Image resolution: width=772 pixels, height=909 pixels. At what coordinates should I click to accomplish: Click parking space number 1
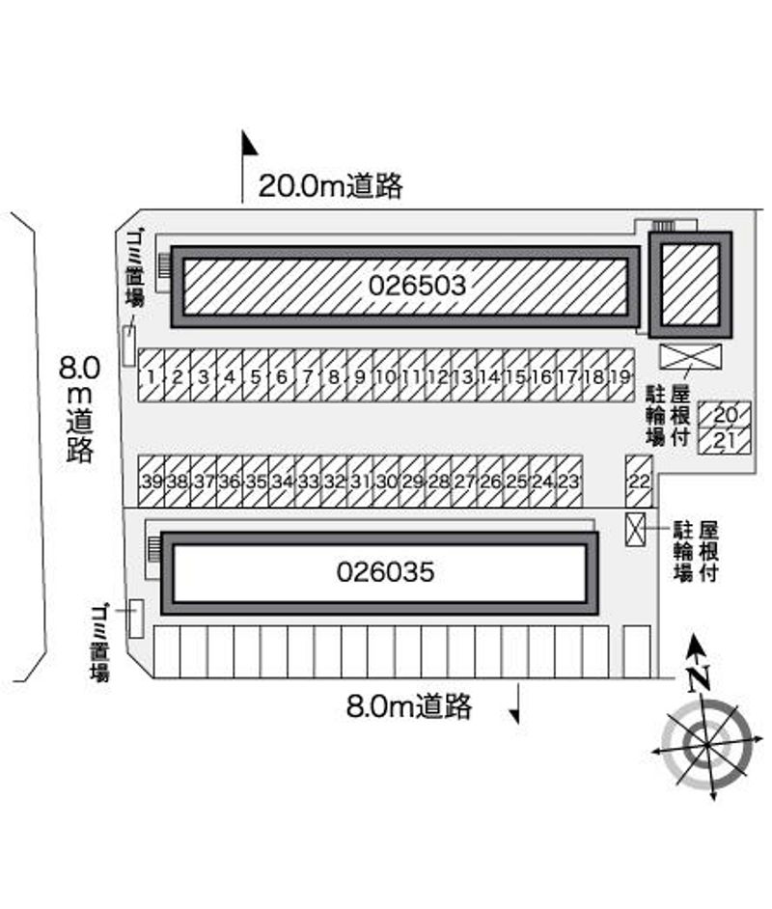click(152, 376)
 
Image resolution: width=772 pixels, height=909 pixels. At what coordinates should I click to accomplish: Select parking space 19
click(621, 376)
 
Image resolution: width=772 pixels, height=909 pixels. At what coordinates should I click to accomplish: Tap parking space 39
click(151, 481)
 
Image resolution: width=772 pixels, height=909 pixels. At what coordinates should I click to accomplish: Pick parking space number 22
click(639, 481)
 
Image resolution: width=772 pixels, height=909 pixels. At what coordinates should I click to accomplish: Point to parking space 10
click(386, 376)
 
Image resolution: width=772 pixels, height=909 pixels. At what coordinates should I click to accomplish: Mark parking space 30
click(386, 481)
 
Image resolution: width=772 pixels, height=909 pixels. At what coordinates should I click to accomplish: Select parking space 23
click(569, 481)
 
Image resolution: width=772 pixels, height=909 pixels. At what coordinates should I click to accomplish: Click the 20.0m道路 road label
click(330, 185)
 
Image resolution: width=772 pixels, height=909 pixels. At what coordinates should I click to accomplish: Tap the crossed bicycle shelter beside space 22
click(635, 531)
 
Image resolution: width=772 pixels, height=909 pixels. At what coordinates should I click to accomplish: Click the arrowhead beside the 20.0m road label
click(249, 145)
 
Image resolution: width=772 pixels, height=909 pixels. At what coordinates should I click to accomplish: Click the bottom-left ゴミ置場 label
click(99, 643)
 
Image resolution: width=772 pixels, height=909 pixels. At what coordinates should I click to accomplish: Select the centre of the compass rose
click(703, 742)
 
